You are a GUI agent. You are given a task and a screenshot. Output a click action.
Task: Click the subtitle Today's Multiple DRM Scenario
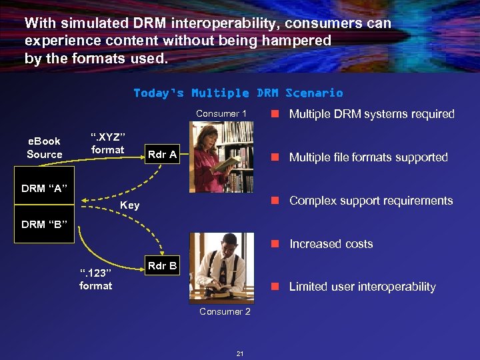(x=238, y=93)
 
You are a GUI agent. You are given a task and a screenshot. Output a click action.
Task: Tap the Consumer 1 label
(x=221, y=113)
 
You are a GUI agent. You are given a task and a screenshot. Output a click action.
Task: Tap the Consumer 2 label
(x=225, y=311)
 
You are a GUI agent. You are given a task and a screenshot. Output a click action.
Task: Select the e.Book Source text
(x=44, y=147)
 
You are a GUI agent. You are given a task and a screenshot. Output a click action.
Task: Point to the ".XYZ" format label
(x=108, y=143)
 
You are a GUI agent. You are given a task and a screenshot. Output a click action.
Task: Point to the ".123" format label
(x=96, y=279)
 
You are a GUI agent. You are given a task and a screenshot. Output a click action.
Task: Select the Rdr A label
(x=162, y=155)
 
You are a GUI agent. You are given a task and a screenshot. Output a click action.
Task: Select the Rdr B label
(x=162, y=265)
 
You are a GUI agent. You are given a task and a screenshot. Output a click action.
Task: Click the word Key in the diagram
(x=130, y=205)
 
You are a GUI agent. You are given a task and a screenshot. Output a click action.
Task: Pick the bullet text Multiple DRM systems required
(x=371, y=114)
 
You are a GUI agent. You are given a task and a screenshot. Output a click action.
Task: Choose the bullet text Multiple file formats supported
(x=368, y=157)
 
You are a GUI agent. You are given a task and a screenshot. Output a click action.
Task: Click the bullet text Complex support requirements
(x=371, y=201)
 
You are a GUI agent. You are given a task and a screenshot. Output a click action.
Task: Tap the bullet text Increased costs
(x=331, y=244)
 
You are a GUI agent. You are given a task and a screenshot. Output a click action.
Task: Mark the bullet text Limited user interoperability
(x=362, y=287)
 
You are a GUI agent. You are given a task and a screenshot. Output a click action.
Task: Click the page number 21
(x=240, y=353)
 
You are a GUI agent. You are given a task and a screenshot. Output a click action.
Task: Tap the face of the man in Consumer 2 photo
(x=220, y=244)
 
